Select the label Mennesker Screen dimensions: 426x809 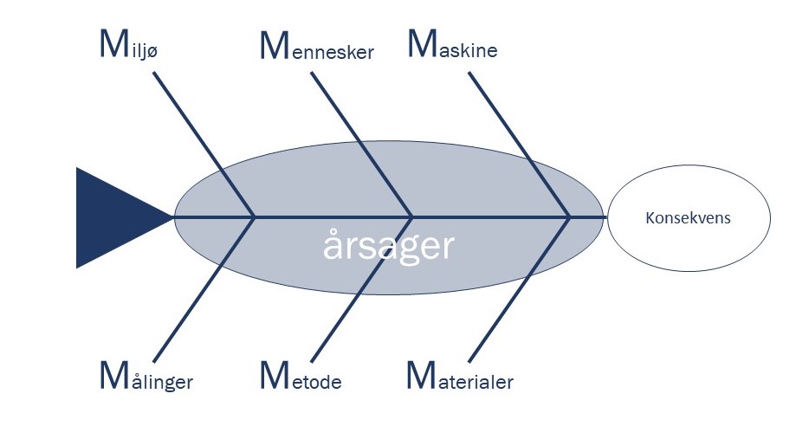pos(317,48)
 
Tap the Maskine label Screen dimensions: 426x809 pos(452,47)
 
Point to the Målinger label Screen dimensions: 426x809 pos(146,378)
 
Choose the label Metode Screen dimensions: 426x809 pos(301,378)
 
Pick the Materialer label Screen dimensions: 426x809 pos(460,378)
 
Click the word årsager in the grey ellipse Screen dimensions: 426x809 pos(388,247)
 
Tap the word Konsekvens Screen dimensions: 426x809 pos(688,217)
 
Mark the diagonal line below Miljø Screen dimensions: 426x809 pos(204,144)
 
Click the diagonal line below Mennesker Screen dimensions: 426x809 pos(360,144)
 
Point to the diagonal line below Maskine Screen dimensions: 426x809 pos(518,144)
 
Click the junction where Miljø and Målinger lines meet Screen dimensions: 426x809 pos(254,216)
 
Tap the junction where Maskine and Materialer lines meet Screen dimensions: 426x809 pos(569,216)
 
